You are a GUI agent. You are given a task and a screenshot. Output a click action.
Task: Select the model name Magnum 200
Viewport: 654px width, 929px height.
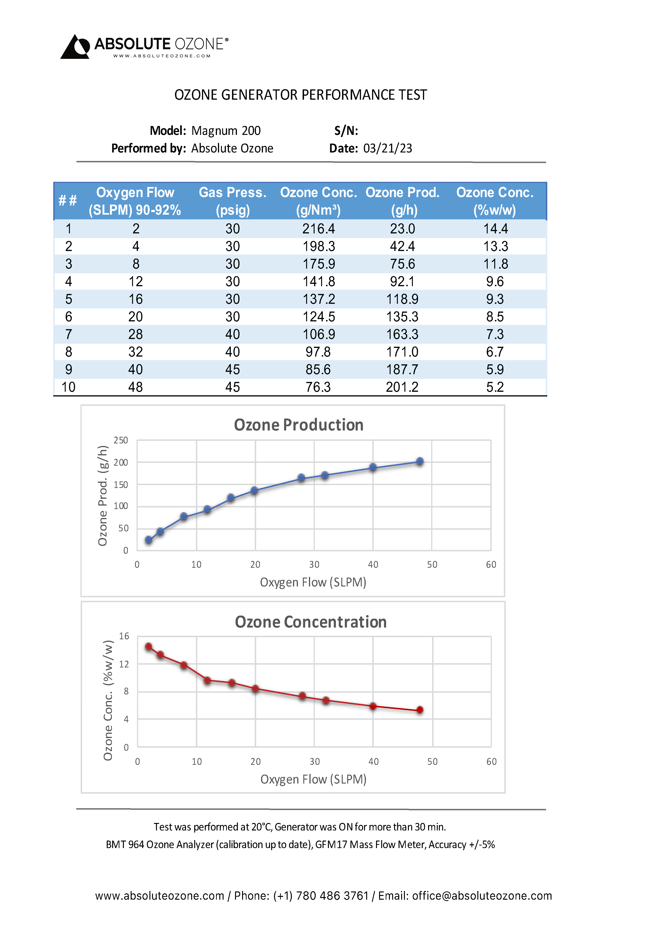[226, 131]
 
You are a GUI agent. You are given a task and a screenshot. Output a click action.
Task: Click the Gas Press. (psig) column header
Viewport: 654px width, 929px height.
[233, 201]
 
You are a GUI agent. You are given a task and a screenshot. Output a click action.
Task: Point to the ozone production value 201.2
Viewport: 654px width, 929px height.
[402, 387]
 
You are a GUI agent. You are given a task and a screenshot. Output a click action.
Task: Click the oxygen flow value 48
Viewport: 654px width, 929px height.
[136, 387]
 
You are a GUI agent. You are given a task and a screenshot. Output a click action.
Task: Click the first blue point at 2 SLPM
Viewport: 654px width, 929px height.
[148, 540]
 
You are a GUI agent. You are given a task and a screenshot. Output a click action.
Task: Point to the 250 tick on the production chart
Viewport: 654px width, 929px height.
[121, 440]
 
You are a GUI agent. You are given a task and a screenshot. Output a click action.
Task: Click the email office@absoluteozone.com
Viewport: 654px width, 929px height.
[482, 896]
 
